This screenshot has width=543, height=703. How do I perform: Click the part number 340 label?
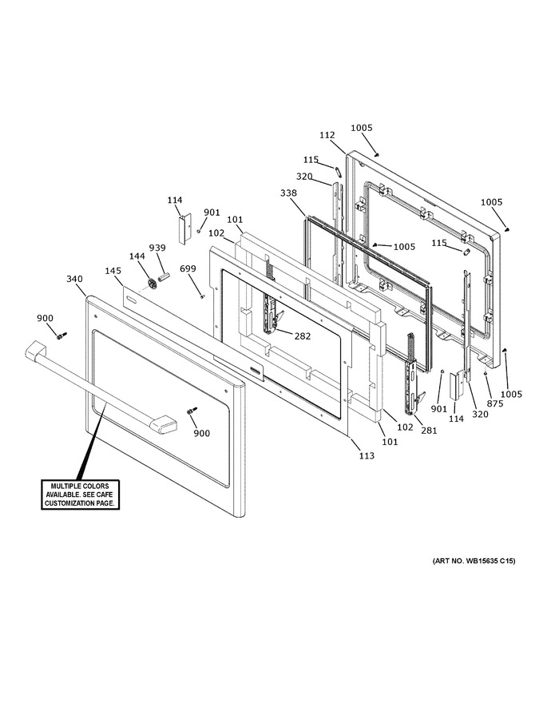click(74, 279)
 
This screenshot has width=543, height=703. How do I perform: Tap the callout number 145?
click(113, 271)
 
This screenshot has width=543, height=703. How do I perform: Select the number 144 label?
click(137, 256)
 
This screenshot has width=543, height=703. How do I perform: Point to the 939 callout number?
click(157, 248)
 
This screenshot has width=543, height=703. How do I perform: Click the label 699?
click(188, 268)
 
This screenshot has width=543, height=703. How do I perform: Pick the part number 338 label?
click(288, 193)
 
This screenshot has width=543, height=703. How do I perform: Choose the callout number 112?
click(327, 135)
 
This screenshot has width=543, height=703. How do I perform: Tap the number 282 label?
click(303, 336)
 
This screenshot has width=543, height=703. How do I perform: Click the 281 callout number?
click(428, 431)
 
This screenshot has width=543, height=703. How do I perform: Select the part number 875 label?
click(495, 403)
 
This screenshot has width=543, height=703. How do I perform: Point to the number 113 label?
click(367, 455)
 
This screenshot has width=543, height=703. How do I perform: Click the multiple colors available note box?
click(80, 494)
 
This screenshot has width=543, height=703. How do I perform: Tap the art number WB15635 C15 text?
click(474, 561)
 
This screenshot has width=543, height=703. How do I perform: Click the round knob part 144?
click(152, 284)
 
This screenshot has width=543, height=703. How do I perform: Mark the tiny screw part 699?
click(202, 296)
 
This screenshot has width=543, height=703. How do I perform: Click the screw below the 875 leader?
click(485, 372)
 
